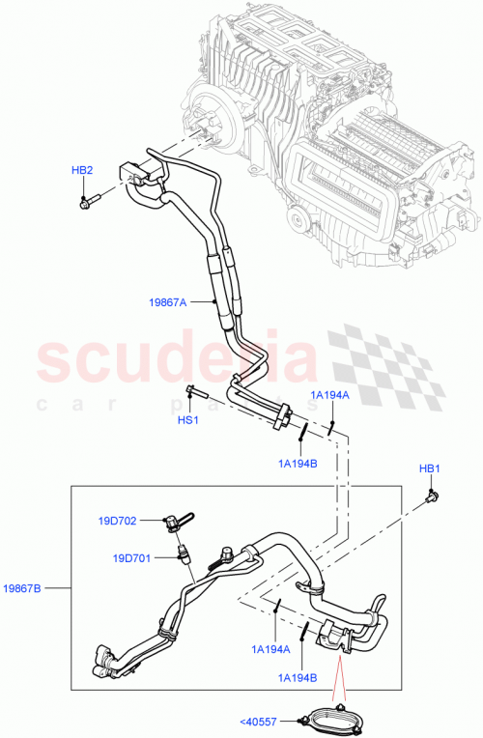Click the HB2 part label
tap(82, 171)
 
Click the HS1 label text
tap(187, 420)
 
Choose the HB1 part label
tap(429, 468)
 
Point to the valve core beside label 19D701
tap(184, 555)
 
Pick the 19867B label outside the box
tap(24, 586)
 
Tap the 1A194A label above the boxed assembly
tap(329, 395)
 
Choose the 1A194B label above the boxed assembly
tap(298, 464)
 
